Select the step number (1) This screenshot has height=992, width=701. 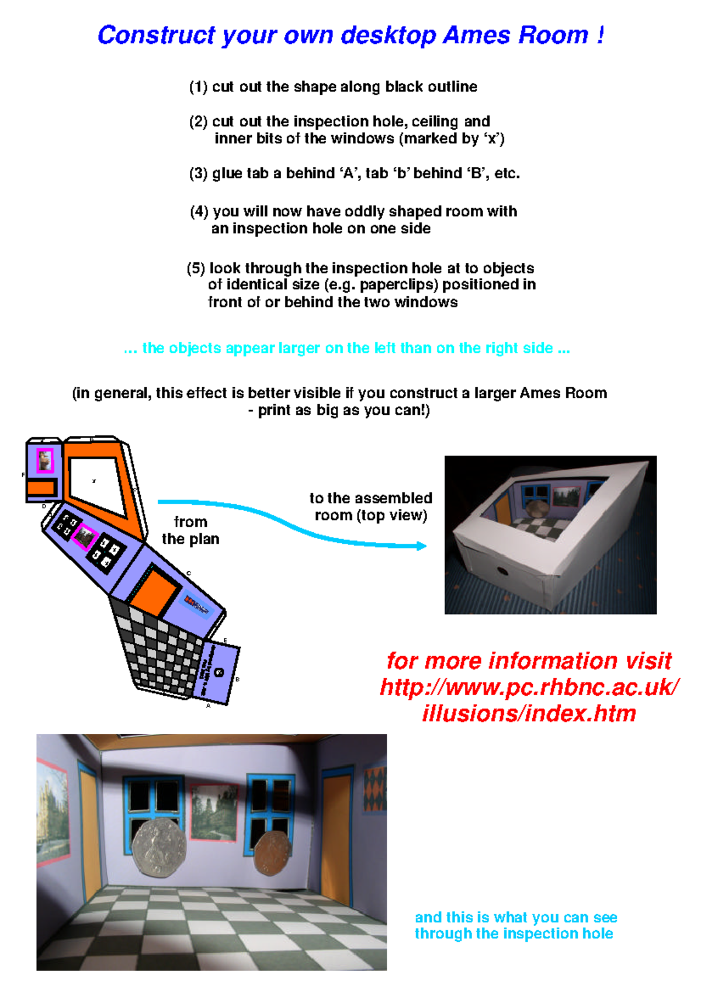[198, 87]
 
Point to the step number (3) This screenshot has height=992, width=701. [198, 174]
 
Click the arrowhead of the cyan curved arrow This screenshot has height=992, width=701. [422, 546]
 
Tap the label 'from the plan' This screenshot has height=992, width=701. [190, 530]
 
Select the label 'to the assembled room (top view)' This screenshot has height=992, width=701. [371, 507]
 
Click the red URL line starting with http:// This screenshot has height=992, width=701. [529, 687]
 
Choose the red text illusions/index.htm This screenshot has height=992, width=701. [529, 713]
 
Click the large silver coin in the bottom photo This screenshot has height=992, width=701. [159, 846]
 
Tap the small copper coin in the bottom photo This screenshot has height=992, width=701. [272, 853]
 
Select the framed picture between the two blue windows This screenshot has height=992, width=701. [214, 813]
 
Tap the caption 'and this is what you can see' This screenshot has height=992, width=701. [516, 917]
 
